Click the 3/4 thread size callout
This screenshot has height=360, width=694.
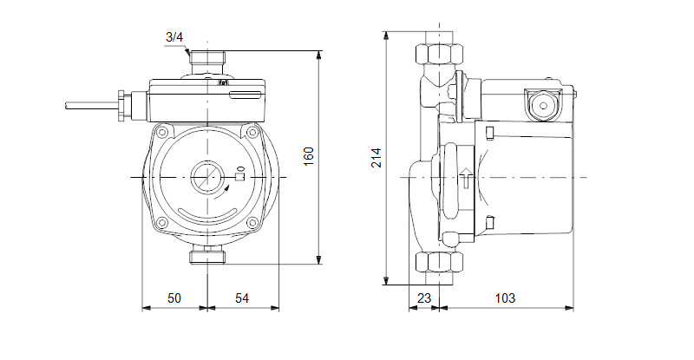(174, 37)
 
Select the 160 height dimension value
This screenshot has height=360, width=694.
(309, 156)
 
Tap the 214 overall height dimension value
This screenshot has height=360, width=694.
(376, 158)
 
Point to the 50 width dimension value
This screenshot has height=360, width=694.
(174, 298)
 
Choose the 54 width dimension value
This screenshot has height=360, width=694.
(242, 298)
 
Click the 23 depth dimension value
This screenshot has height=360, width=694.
(424, 298)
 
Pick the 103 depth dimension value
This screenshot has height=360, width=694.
(505, 298)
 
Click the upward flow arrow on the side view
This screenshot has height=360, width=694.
(465, 178)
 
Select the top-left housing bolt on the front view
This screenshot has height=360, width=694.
(162, 132)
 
